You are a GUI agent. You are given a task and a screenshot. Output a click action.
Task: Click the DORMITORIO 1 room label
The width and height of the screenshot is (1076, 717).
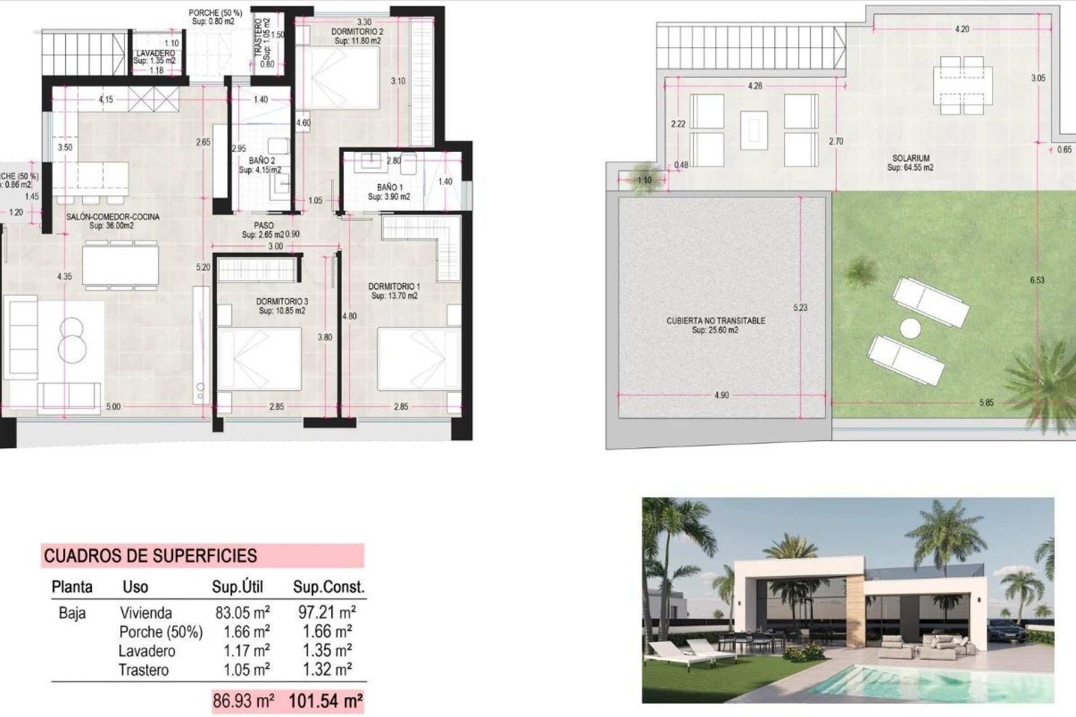(x=394, y=287)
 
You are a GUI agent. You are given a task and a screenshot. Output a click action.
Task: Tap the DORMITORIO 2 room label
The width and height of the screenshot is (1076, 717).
(x=358, y=32)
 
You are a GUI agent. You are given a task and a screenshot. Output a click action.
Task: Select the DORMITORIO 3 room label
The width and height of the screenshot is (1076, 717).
(x=282, y=302)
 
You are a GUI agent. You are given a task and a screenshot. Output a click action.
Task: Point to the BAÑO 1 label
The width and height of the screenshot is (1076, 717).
(x=389, y=187)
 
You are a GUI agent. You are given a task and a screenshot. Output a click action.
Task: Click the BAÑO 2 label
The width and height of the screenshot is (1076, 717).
(x=262, y=161)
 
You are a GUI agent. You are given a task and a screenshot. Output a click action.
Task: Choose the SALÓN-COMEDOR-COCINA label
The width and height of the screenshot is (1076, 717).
(x=113, y=217)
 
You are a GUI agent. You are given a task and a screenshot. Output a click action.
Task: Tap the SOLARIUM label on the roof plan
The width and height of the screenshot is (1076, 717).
(x=911, y=159)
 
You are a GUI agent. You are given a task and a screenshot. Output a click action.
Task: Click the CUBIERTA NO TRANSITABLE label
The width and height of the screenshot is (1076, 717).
(x=715, y=321)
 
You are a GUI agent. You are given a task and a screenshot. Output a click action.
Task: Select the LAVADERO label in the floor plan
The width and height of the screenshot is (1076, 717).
(x=155, y=54)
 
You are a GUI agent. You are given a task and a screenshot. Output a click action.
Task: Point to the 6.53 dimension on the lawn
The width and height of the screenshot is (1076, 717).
(x=1037, y=280)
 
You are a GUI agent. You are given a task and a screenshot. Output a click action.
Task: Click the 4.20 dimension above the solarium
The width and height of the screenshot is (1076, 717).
(x=962, y=29)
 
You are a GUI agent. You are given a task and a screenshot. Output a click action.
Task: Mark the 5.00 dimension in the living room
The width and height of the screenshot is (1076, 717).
(x=113, y=407)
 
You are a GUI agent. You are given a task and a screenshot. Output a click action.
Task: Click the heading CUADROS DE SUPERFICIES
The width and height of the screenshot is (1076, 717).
(x=150, y=556)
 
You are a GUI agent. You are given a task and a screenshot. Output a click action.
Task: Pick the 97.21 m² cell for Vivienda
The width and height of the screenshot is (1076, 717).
(x=327, y=612)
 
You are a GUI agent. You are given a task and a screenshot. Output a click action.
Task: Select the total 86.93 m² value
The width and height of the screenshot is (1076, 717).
(x=243, y=701)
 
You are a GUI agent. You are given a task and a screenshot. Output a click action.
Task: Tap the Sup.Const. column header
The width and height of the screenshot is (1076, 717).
(x=328, y=587)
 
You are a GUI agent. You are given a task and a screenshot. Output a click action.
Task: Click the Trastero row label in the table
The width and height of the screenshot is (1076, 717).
(x=143, y=670)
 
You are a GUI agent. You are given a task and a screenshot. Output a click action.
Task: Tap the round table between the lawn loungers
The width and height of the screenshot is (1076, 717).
(x=911, y=328)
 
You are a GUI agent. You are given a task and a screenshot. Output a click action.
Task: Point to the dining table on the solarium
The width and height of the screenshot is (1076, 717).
(x=962, y=85)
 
